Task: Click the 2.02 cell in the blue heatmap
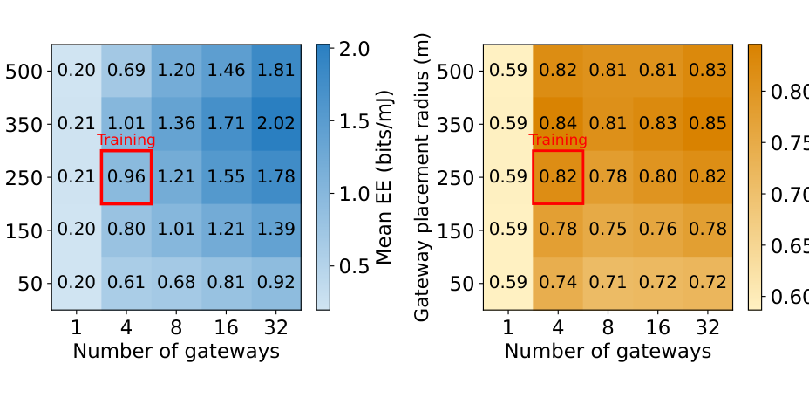coord(276,124)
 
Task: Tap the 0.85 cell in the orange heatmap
coord(707,124)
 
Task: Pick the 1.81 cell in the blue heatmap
coord(276,71)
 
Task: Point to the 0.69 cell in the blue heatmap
coord(126,71)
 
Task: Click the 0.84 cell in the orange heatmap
coord(558,124)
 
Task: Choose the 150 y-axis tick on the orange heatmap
coord(456,231)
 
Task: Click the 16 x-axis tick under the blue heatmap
coord(226,327)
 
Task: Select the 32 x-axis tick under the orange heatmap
coord(708,327)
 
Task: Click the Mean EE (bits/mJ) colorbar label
coord(385,177)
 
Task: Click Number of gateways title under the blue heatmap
coord(176,352)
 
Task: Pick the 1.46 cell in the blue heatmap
coord(226,71)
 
